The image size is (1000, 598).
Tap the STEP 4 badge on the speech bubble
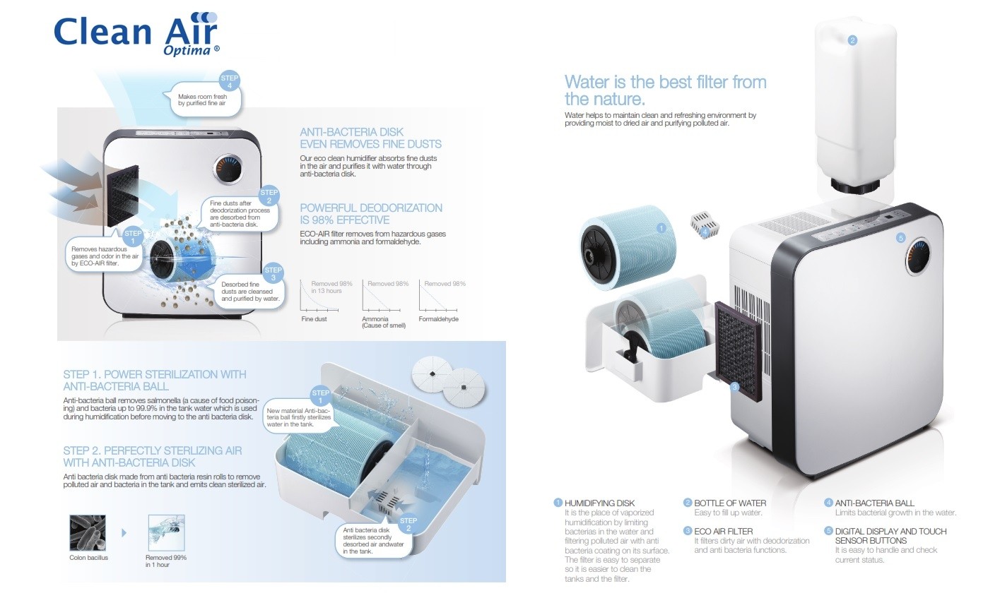coord(230,80)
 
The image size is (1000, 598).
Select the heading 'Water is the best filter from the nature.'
coord(665,90)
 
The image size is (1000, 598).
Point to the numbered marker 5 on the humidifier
coord(900,238)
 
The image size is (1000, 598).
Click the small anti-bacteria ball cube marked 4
coord(704,225)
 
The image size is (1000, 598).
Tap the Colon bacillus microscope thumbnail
coord(88,533)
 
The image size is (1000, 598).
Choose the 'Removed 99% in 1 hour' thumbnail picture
coord(166,533)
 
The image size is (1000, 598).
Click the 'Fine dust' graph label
coord(314,319)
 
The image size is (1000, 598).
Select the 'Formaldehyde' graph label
coord(438,319)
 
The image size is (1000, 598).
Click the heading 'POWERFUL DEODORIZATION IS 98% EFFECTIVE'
coord(371,213)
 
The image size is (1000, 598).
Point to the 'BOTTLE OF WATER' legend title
coord(730,503)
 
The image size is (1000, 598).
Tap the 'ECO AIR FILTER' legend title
coord(723,531)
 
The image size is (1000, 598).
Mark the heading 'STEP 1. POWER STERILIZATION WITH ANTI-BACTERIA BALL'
coord(155,380)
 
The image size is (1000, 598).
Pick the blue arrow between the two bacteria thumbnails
coord(124,533)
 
